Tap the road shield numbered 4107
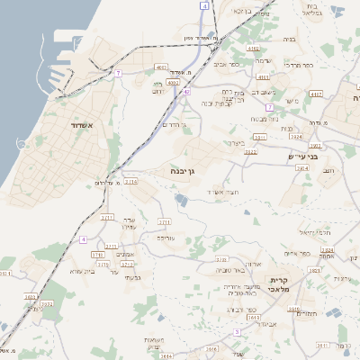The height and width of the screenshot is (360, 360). tap(315, 94)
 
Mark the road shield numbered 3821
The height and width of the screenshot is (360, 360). tap(259, 137)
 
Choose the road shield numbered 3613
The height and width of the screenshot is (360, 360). tap(253, 318)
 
